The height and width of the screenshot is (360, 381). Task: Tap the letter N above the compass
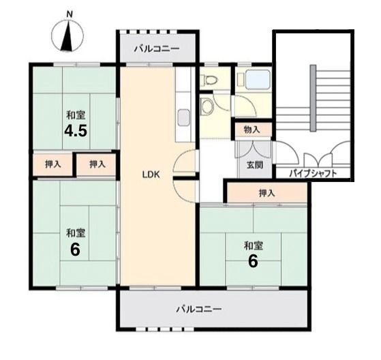point(70,15)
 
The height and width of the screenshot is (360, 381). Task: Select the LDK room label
point(151,175)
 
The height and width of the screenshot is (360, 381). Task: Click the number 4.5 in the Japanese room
point(76,132)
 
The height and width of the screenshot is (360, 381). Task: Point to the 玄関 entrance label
point(255,165)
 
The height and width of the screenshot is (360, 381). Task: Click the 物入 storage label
point(252,130)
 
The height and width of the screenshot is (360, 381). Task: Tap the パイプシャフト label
point(313,174)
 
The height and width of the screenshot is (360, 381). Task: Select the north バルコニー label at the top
point(157,48)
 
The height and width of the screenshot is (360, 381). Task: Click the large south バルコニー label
point(199,309)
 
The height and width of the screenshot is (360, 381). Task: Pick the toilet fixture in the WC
point(209,80)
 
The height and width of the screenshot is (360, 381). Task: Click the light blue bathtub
point(258,80)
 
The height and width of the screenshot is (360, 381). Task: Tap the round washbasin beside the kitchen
point(207,107)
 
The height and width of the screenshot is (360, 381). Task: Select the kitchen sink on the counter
point(184,118)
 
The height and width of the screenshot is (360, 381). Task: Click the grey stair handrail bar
point(313,98)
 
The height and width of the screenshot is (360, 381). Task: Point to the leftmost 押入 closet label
point(53,164)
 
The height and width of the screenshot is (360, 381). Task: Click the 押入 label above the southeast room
point(266,193)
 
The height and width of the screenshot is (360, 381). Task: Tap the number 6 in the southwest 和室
point(75,250)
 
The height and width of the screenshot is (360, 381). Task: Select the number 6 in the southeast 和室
point(253,262)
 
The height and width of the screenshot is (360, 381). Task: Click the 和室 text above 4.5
point(76,115)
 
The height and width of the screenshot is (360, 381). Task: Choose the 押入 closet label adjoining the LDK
point(97,164)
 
